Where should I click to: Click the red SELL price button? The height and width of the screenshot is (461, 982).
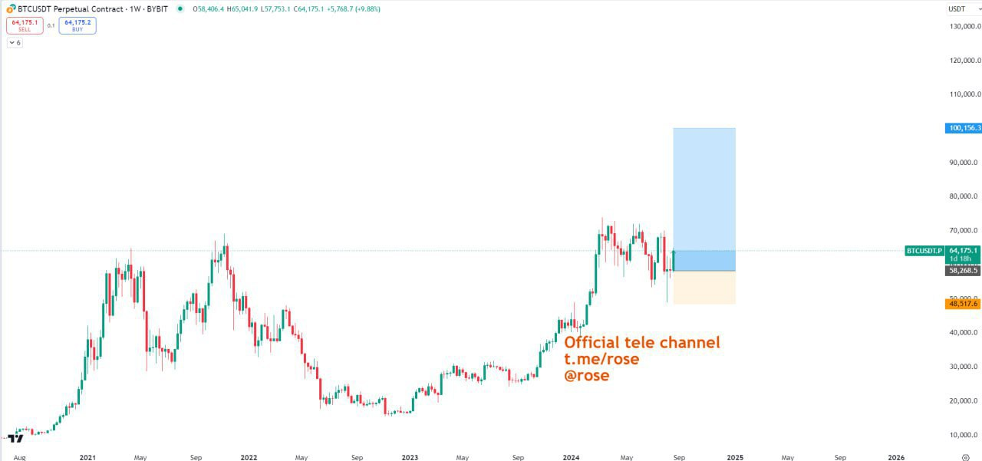click(x=25, y=25)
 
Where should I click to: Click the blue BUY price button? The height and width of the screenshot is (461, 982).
click(x=77, y=25)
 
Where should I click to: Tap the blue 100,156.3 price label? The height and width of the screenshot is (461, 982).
click(x=963, y=128)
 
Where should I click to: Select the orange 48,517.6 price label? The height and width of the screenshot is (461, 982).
click(x=963, y=304)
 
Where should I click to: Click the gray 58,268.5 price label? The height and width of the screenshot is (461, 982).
click(x=963, y=271)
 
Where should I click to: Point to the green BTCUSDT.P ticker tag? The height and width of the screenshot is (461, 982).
click(x=924, y=251)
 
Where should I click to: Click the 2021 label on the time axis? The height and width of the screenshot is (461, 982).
click(x=87, y=457)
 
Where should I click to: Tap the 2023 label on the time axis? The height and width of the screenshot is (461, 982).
click(x=410, y=457)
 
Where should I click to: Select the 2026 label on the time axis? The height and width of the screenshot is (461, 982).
click(x=895, y=457)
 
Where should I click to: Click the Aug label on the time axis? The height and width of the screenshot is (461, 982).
click(x=19, y=457)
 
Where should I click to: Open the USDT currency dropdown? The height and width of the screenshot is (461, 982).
click(x=959, y=9)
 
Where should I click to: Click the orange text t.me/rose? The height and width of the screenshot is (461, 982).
click(x=601, y=359)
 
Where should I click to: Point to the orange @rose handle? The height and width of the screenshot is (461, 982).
click(x=587, y=376)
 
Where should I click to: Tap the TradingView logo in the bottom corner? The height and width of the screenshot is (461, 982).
click(x=14, y=438)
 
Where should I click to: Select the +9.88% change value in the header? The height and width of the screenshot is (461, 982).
click(x=367, y=9)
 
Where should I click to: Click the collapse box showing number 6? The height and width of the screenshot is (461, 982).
click(x=15, y=43)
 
